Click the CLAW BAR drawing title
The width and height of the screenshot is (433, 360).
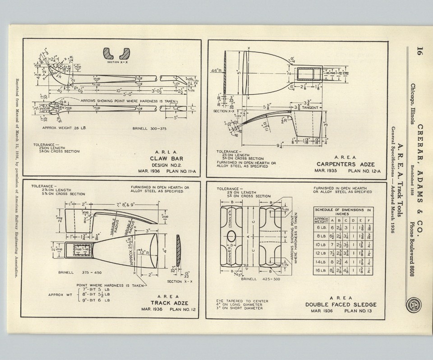tap(168, 158)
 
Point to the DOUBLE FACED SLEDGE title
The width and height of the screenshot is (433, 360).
tap(341, 305)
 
